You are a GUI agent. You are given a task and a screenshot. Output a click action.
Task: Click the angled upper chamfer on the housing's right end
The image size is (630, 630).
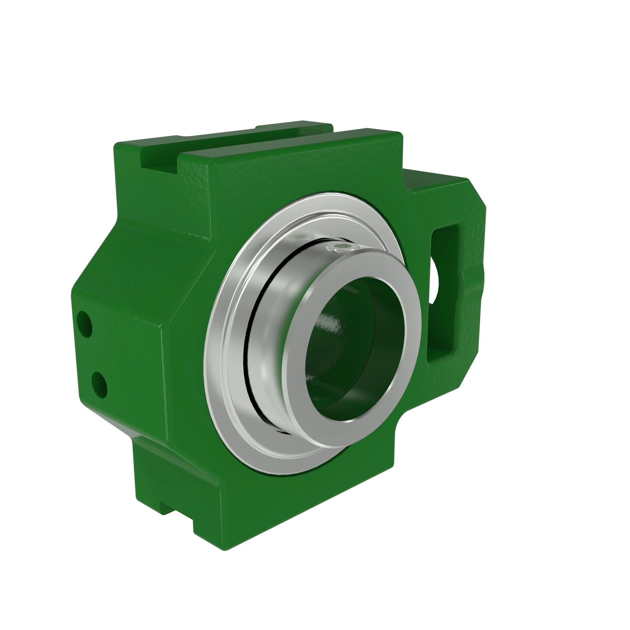478,192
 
